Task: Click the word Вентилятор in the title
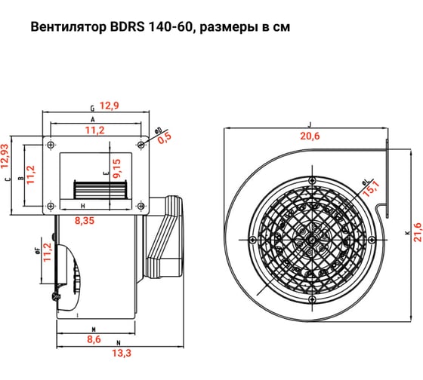(65, 27)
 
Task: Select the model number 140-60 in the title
(165, 27)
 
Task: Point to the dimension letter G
(91, 109)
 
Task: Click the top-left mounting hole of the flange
(51, 144)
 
